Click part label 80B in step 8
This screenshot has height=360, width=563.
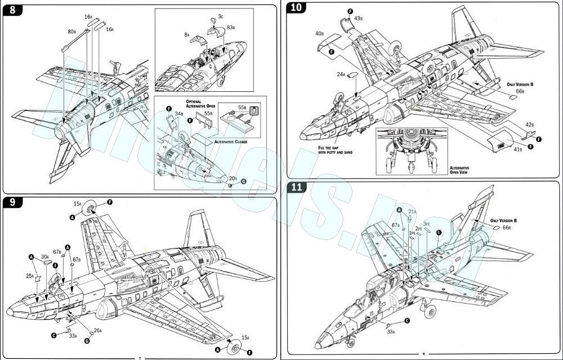(72, 32)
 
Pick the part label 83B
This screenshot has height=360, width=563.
(231, 27)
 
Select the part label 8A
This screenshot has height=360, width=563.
(186, 34)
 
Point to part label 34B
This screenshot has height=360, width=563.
(178, 113)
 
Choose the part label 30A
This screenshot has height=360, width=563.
(44, 256)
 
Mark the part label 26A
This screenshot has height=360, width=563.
(98, 330)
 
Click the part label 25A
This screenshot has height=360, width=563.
(30, 276)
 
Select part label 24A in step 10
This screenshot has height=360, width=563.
(341, 74)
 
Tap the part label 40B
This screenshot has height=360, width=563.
(319, 34)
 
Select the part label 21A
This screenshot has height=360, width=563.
(412, 211)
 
